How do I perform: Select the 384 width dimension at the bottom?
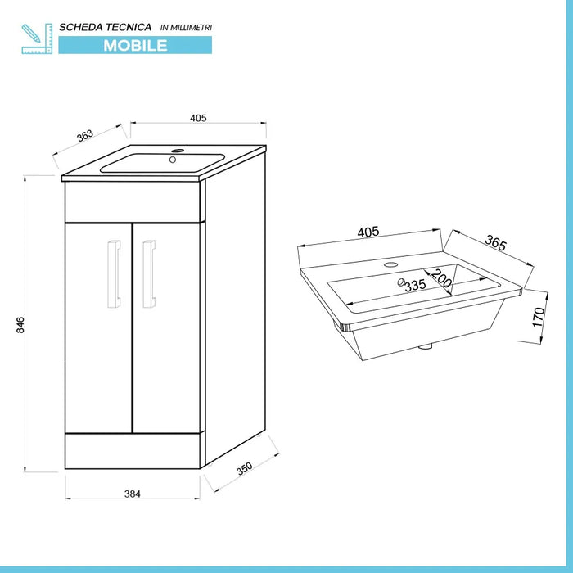(x=133, y=493)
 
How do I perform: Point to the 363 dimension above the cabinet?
(x=84, y=136)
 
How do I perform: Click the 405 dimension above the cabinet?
(x=197, y=118)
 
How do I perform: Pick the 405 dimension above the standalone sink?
(x=368, y=232)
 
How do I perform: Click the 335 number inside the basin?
(x=415, y=285)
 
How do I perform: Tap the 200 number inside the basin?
(x=443, y=279)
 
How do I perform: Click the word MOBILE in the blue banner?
(x=135, y=46)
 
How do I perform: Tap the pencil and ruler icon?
(x=37, y=38)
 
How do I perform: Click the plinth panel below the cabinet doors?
(x=133, y=450)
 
